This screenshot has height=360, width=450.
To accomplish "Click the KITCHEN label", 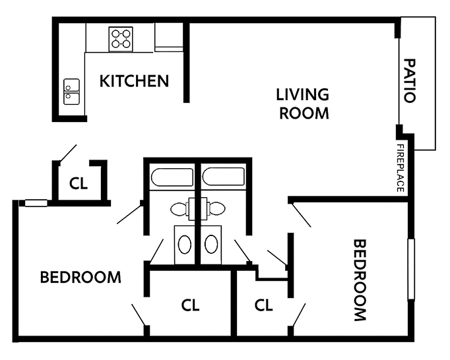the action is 134,81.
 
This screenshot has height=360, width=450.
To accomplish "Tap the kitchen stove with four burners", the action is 121,39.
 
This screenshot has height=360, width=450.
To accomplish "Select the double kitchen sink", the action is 71,92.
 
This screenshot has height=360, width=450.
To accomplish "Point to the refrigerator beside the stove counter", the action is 169,37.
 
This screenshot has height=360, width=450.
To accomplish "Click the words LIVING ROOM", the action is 303,104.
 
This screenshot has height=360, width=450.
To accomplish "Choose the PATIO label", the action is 410,81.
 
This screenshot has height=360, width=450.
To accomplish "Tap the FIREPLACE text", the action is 401,168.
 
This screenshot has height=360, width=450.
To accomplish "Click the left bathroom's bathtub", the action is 172,177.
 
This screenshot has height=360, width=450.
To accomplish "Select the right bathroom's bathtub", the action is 224,177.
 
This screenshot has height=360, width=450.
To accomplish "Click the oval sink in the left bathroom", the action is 185,245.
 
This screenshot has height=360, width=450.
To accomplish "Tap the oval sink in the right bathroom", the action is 211,245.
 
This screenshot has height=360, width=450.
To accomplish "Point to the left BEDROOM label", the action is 80,277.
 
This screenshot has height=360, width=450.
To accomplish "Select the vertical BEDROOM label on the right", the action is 359,280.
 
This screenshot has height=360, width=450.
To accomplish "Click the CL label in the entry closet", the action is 79,183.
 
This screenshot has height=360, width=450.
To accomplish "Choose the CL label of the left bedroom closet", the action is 190,305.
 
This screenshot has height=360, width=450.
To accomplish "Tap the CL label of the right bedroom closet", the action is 263,305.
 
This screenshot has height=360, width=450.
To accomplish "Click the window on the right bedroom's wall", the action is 411,269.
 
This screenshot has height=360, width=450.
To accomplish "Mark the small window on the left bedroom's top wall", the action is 36,203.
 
